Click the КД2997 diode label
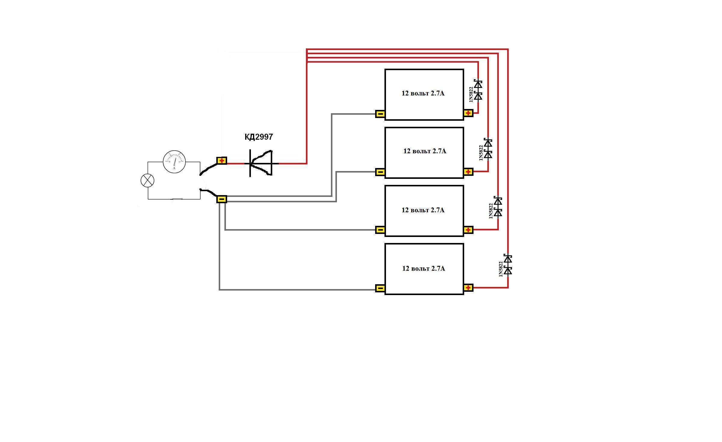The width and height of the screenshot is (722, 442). pos(259,137)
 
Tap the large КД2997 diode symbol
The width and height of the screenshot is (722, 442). pos(261,163)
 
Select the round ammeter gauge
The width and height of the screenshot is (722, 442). pos(174,162)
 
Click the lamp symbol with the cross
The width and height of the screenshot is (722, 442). pos(147,181)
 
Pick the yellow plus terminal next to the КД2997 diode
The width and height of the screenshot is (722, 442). pos(222,161)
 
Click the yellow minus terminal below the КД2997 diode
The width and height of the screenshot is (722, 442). pos(222,199)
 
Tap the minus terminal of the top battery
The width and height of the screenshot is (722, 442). pos(380,114)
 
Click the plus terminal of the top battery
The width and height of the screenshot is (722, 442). pos(468,113)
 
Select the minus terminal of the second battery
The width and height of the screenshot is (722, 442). pos(380,172)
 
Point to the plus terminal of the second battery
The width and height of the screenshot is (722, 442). pos(468,172)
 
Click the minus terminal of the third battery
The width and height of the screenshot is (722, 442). pos(380,230)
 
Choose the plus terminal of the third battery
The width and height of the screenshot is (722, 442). pos(468,230)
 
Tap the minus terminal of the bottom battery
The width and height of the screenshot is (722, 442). pos(380,288)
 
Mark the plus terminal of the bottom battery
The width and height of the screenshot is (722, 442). pos(468,288)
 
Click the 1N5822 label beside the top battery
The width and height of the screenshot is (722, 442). pos(471,94)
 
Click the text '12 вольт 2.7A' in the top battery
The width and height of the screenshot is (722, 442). pos(423,93)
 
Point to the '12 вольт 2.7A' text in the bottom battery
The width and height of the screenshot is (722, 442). pos(424,269)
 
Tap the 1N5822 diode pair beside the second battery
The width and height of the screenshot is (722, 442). pos(488,149)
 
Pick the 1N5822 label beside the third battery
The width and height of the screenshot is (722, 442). pos(491,211)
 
